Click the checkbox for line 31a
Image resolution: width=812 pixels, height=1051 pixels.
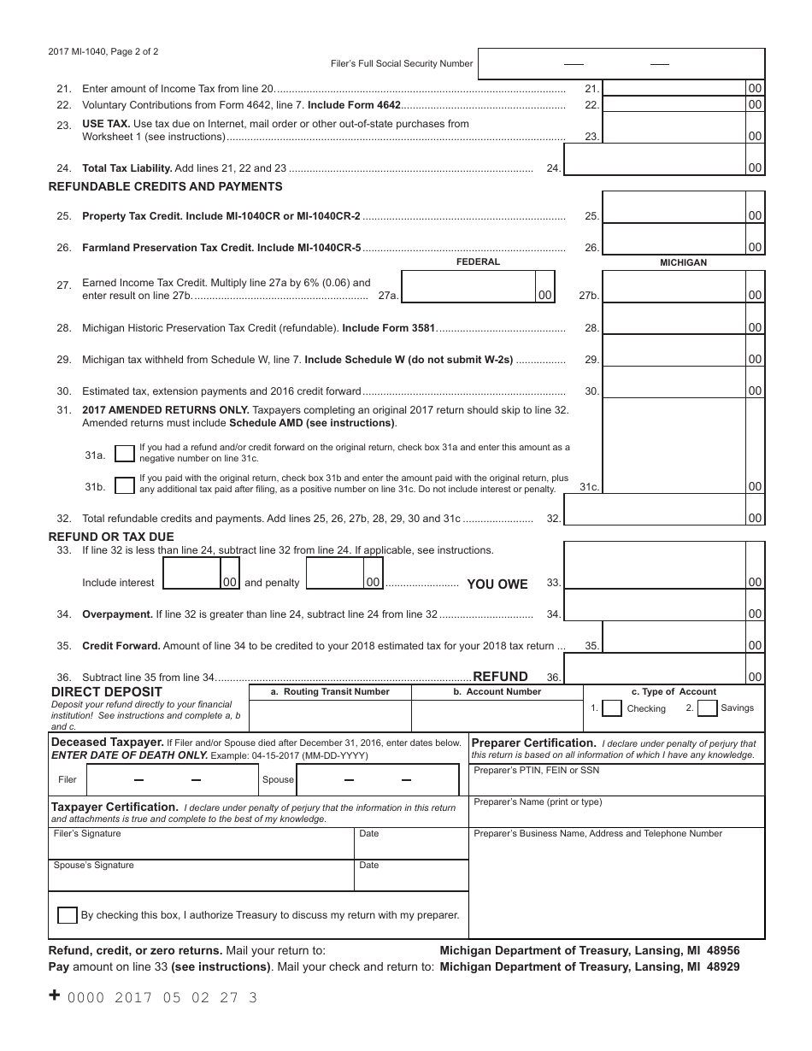click(x=125, y=453)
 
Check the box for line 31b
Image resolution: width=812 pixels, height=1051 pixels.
click(x=125, y=485)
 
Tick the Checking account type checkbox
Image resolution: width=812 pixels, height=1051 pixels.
click(x=612, y=708)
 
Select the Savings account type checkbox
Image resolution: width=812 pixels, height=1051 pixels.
click(x=707, y=708)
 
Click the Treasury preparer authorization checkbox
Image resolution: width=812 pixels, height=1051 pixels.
click(x=68, y=914)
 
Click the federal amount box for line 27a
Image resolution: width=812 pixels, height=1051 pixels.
click(x=468, y=287)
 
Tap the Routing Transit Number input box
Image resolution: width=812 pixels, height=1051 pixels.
click(x=330, y=715)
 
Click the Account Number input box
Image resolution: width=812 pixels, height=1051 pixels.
click(x=497, y=715)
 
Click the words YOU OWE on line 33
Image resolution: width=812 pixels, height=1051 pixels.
click(x=497, y=584)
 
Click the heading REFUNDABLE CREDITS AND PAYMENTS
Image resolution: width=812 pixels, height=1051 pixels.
click(x=165, y=186)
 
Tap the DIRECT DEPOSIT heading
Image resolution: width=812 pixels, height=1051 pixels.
click(x=107, y=691)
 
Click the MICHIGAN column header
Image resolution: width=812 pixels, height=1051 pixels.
click(x=683, y=262)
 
